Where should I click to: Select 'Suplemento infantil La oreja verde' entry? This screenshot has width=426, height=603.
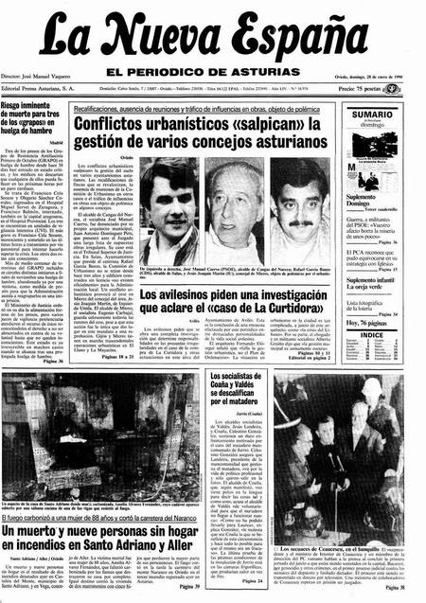click(371, 286)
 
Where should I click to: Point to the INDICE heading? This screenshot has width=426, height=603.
click(372, 334)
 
